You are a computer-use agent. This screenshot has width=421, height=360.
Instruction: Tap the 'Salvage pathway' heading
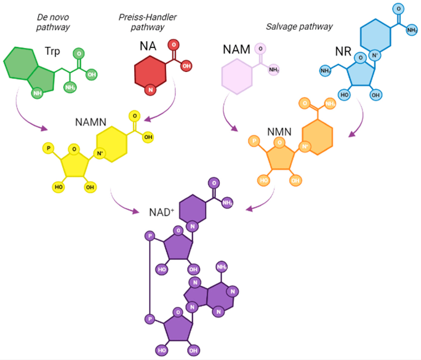tap(299, 26)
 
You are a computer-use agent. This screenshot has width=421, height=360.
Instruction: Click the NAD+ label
tap(161, 212)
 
